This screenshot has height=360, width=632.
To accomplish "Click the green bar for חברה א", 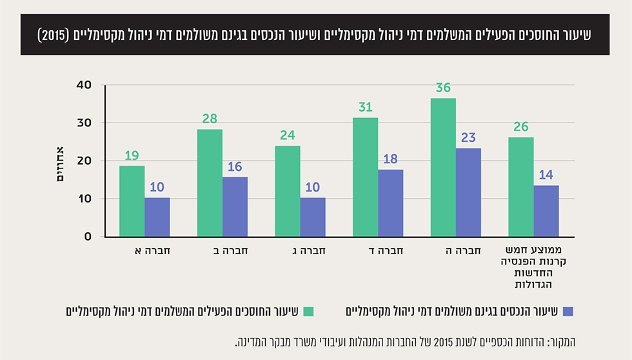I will click(x=132, y=201).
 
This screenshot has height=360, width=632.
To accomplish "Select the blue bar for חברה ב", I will click(x=235, y=206).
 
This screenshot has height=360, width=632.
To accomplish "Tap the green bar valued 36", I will click(x=442, y=167).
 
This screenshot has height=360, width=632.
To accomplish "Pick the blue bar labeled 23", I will click(x=468, y=192).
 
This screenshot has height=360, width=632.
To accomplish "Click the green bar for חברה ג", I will click(x=287, y=191).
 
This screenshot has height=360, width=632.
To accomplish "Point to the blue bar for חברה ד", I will click(x=390, y=203).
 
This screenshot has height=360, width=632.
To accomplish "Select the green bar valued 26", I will click(x=520, y=186).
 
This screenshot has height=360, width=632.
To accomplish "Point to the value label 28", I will click(x=210, y=119).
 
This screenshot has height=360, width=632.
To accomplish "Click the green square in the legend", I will click(x=308, y=312).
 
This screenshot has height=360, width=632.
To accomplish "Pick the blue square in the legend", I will click(x=568, y=312).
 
